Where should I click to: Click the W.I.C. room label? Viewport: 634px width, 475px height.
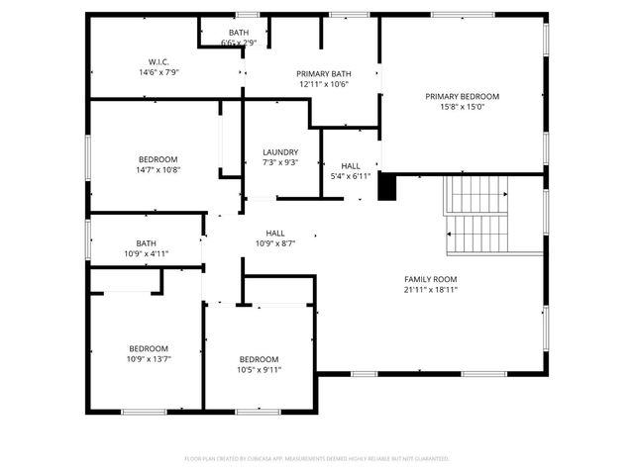click(158, 62)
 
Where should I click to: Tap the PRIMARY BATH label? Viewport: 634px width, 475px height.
click(324, 74)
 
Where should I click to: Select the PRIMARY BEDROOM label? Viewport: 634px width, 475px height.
click(463, 96)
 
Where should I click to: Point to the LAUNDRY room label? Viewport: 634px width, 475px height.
click(280, 151)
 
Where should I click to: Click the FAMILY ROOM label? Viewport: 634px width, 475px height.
click(430, 279)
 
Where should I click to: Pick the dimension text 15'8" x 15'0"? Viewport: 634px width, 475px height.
click(463, 107)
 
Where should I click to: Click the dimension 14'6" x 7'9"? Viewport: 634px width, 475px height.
click(158, 72)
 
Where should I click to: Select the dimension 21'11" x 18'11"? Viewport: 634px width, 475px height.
click(430, 290)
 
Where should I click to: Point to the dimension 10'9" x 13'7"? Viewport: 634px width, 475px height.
click(149, 359)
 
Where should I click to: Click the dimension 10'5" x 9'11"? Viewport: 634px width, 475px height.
click(259, 370)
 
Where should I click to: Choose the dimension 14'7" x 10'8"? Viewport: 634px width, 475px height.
click(158, 170)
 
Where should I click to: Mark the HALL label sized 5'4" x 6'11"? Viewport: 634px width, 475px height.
click(351, 165)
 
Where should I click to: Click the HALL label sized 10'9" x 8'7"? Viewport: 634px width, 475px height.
click(275, 233)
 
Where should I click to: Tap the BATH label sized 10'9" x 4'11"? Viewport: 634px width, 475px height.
click(147, 243)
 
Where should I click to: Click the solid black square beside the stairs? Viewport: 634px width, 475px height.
click(387, 186)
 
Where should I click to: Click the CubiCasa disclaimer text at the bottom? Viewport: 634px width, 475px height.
click(317, 458)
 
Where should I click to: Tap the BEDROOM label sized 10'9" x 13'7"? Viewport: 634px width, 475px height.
click(149, 348)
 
